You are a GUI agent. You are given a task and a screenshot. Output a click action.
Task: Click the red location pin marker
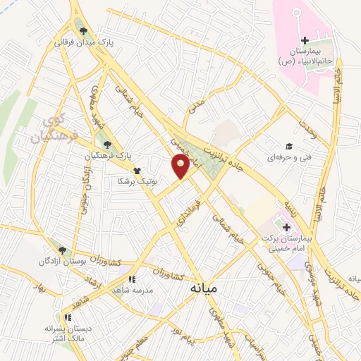point(180,166)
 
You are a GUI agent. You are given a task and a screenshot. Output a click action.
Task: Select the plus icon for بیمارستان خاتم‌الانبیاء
point(305,40)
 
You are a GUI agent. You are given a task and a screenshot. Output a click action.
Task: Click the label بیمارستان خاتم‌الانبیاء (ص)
point(305,56)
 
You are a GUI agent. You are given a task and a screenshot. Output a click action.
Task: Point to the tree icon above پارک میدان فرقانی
point(84,31)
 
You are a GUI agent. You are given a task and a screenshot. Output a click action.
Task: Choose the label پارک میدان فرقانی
point(85,42)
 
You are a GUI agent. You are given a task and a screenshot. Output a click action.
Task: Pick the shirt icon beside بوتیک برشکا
point(137,170)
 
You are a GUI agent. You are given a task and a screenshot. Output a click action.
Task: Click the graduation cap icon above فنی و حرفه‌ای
point(290,145)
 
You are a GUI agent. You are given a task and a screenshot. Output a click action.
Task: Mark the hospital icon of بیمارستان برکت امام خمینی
point(287,227)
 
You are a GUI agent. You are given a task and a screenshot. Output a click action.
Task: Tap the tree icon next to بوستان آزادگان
point(62,250)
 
